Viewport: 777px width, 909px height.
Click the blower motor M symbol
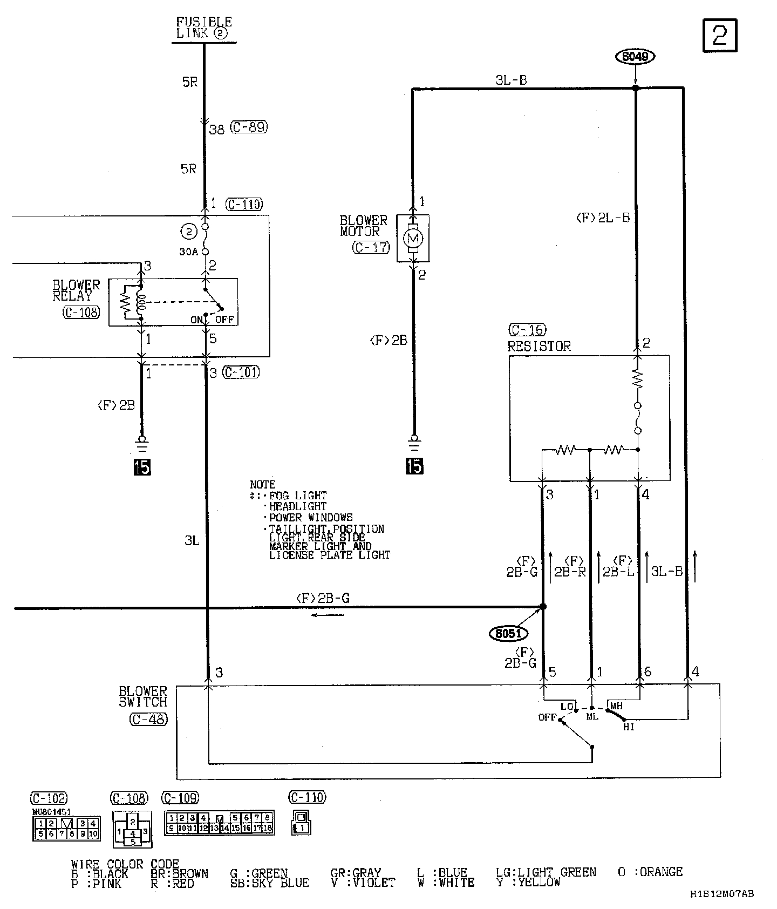pos(413,239)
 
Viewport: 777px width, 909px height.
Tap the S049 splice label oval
pos(635,56)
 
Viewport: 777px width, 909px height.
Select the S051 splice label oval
pos(508,633)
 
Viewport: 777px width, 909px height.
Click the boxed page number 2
pos(720,36)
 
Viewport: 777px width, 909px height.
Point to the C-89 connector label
pos(249,128)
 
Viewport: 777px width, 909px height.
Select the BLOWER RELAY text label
pos(76,290)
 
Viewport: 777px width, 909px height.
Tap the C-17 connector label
pos(371,247)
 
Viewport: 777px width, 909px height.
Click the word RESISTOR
pos(539,347)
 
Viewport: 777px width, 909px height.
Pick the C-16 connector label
pos(527,330)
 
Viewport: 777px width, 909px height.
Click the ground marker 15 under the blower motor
pos(414,466)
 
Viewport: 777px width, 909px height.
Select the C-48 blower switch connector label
pos(148,719)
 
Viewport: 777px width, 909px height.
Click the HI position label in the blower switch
pos(629,727)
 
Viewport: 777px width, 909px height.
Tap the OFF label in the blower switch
pos(547,717)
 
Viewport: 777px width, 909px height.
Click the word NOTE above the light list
pos(262,484)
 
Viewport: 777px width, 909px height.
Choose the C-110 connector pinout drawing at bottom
pos(301,822)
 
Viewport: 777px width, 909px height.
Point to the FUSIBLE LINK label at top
pos(204,28)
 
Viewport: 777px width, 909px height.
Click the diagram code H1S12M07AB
pos(721,894)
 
